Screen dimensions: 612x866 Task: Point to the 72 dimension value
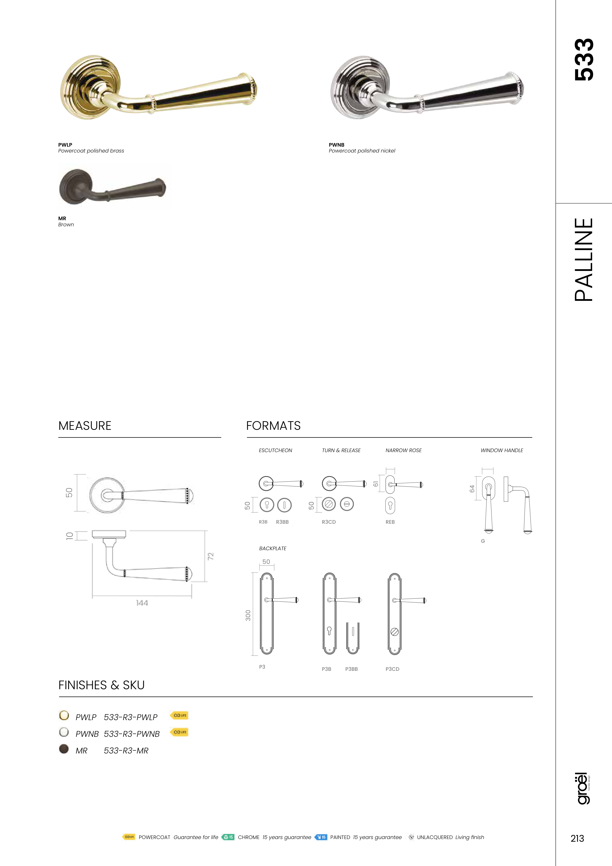pos(211,556)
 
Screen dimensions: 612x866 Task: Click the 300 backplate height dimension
pos(248,615)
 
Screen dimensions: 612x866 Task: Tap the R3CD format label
pos(329,522)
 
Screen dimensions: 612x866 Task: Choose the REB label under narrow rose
pos(390,522)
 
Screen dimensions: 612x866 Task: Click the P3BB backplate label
pos(351,669)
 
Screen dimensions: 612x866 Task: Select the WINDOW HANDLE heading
pos(502,450)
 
